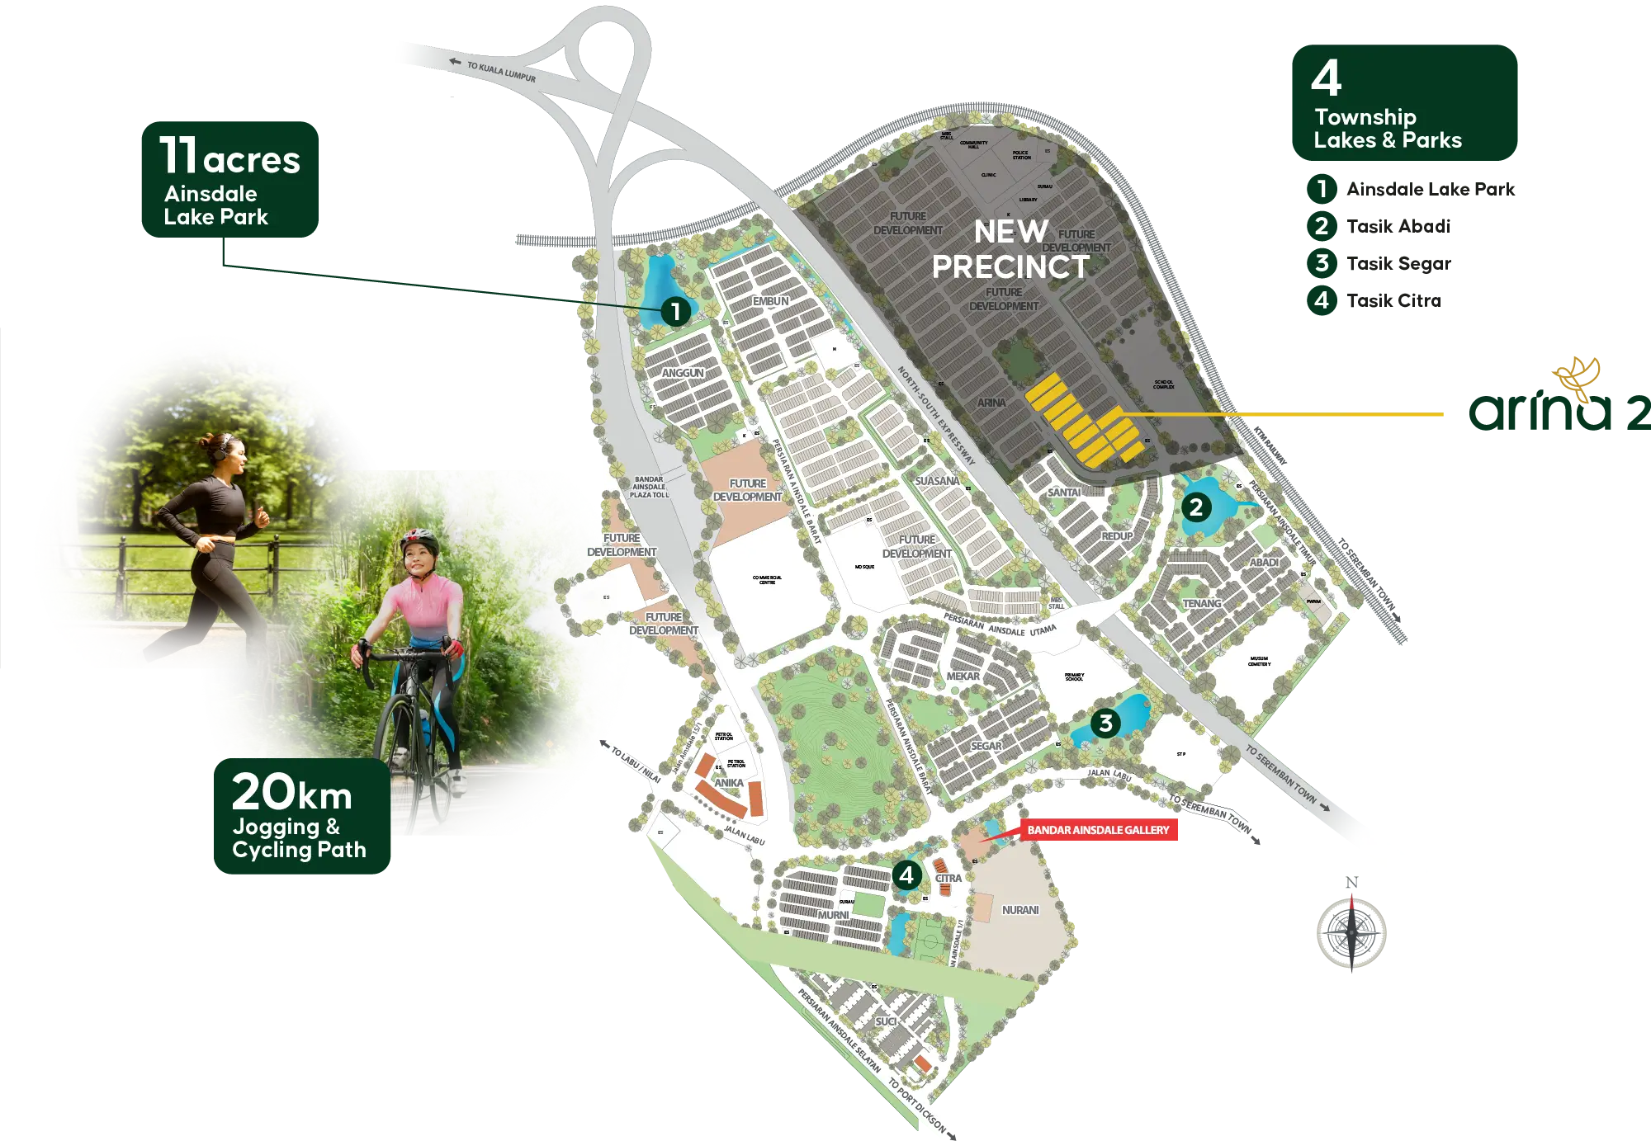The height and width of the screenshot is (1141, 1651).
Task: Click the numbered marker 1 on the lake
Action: coord(675,311)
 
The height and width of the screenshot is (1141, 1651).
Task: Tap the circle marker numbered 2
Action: coord(1196,507)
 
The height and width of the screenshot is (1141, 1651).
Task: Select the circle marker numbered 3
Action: coord(1105,724)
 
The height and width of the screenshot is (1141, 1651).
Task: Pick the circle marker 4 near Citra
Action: coord(906,875)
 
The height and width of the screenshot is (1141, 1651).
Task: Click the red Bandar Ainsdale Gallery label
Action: coord(1098,830)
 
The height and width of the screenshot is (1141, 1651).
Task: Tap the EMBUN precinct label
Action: coord(770,301)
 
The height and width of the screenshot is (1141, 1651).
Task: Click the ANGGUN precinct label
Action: coord(683,373)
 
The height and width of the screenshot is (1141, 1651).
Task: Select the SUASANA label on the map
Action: coord(937,481)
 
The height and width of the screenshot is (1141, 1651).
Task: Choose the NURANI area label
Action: coord(1020,910)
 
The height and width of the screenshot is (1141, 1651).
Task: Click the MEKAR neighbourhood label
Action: coord(963,676)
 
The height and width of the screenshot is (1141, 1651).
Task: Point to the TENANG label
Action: coord(1201,603)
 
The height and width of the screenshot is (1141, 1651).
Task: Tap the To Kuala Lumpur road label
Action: coord(500,72)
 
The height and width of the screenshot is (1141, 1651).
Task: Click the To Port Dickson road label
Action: coord(917,1106)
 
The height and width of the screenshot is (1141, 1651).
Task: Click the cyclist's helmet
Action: coord(419,540)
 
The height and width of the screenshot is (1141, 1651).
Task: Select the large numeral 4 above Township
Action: coord(1326,78)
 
